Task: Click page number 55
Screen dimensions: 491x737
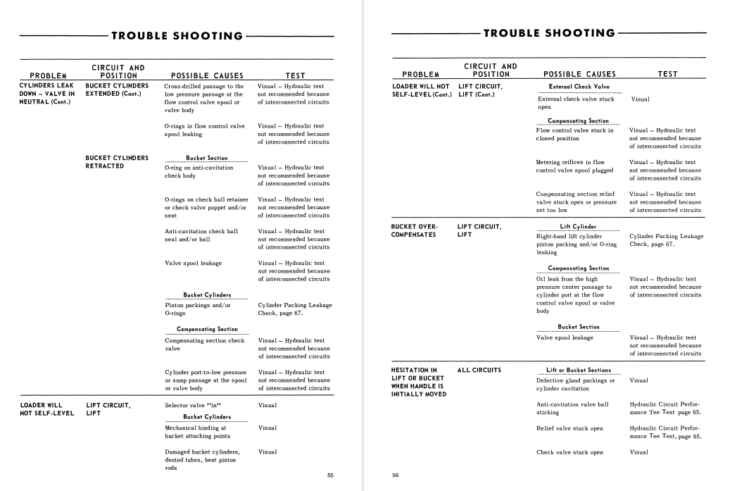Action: (331, 476)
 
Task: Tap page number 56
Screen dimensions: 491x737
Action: (396, 476)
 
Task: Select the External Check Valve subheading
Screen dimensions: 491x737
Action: (579, 86)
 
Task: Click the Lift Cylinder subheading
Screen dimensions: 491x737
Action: (579, 227)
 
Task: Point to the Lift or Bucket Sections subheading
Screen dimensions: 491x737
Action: (579, 370)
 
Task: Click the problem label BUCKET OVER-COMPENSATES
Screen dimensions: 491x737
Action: (414, 230)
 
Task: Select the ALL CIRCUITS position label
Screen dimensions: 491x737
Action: (479, 370)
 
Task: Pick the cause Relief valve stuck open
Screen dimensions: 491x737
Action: (569, 428)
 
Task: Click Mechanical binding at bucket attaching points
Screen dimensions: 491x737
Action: (196, 432)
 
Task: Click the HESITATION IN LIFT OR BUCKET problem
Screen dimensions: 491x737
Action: (418, 382)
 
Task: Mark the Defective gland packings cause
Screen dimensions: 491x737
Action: (575, 385)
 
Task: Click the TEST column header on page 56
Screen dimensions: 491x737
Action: (667, 73)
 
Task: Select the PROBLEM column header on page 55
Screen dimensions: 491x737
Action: (48, 75)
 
